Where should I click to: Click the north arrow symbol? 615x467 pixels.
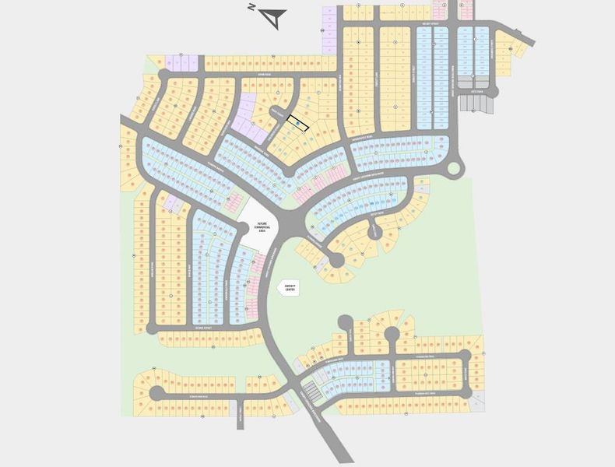[276, 15]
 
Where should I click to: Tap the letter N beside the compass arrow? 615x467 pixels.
[252, 7]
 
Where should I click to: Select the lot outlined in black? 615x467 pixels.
[298, 122]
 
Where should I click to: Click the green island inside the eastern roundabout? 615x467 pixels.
[455, 167]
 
